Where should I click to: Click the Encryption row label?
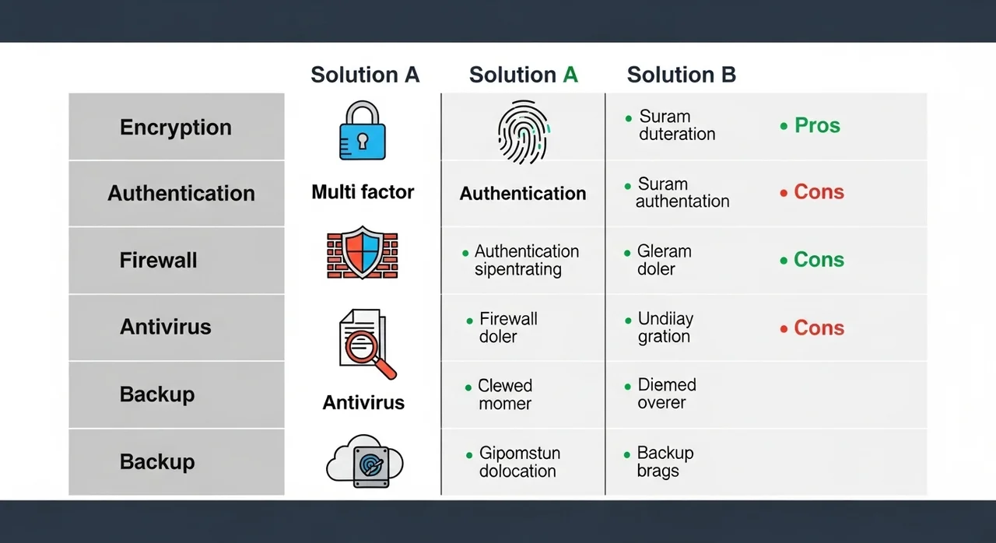(x=175, y=128)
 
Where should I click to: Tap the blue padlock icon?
(x=362, y=131)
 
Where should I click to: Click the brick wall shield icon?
(x=363, y=252)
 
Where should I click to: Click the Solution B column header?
(x=681, y=75)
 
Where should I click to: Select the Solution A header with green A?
(x=523, y=75)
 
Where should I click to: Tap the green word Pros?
(x=817, y=126)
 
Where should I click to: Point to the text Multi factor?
(x=363, y=192)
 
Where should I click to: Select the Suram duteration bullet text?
(x=676, y=125)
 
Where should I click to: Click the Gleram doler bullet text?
(x=664, y=260)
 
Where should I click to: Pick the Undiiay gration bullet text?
(x=665, y=328)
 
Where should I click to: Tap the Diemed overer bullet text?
(x=666, y=394)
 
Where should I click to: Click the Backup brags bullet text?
(x=665, y=462)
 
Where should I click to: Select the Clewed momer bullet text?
(x=504, y=394)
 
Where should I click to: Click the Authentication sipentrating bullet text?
(x=526, y=260)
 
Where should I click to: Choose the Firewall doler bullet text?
(x=507, y=328)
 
